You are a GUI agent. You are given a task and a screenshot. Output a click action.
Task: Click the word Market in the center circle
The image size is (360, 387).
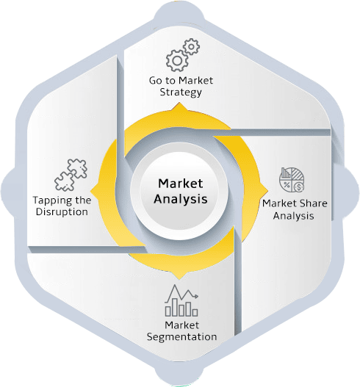click(181, 184)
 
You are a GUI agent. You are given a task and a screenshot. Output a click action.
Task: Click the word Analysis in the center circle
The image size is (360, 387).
click(181, 199)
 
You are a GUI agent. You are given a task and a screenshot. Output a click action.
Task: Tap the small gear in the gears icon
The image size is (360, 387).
click(191, 46)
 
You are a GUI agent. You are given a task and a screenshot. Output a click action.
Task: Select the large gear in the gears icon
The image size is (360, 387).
click(176, 61)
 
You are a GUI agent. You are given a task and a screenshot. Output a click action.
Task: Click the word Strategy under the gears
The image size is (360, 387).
click(181, 93)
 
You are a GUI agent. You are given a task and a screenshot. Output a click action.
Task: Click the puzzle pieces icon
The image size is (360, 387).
click(71, 175)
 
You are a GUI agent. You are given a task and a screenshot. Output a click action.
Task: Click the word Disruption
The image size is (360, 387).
click(62, 211)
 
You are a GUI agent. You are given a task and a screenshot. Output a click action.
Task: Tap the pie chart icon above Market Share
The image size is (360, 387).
click(292, 180)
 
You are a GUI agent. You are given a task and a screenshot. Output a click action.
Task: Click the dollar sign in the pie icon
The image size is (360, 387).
click(299, 187)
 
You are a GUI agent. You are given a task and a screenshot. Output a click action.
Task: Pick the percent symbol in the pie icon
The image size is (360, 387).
click(287, 184)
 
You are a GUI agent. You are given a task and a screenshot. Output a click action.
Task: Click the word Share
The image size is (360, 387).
click(314, 203)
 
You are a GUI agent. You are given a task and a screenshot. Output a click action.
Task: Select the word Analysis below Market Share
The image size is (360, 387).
click(293, 216)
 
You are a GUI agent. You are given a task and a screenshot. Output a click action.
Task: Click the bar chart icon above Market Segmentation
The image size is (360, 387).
click(181, 300)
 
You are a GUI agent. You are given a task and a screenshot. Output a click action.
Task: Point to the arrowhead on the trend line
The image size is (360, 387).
click(197, 296)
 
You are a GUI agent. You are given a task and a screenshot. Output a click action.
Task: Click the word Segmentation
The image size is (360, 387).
click(181, 337)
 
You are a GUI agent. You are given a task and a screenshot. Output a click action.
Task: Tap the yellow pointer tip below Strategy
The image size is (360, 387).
click(180, 104)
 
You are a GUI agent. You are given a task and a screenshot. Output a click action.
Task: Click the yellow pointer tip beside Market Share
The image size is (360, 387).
click(267, 190)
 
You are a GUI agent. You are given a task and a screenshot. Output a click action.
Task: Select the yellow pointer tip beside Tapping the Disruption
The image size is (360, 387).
click(91, 191)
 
